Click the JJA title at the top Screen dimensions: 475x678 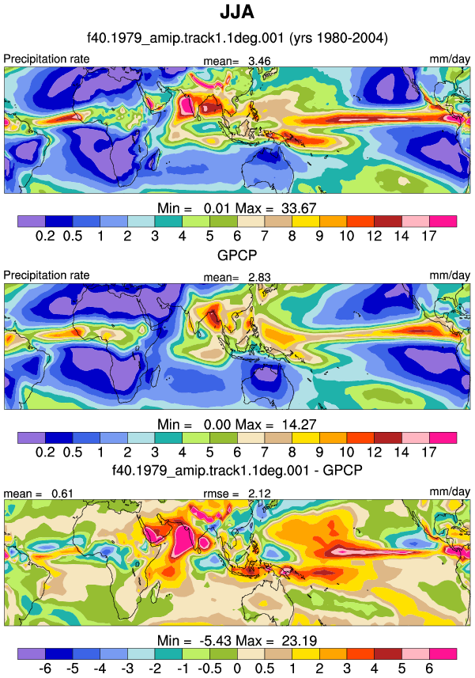pos(237,12)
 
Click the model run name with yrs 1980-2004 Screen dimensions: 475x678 pos(237,38)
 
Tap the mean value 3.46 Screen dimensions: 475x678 pos(259,61)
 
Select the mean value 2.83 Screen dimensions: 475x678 pos(259,277)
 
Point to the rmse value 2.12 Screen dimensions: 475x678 pos(259,494)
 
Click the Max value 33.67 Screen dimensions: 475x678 pos(299,208)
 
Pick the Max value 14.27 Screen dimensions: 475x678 pos(299,424)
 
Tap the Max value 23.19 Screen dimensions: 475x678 pos(299,640)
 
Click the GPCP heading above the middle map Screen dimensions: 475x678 pos(237,255)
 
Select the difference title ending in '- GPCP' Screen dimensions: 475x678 pos(237,470)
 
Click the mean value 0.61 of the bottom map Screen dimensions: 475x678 pos(62,494)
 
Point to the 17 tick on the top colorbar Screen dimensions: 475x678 pos(429,236)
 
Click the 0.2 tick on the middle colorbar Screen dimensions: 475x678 pos(45,452)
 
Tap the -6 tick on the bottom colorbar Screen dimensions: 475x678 pos(45,668)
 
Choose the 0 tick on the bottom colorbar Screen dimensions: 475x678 pos(237,668)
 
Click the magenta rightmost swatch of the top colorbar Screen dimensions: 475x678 pos(443,222)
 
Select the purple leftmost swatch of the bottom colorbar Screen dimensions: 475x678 pos(32,653)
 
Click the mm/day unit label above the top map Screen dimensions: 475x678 pos(450,59)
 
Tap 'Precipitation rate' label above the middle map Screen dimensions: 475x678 pos(47,275)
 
